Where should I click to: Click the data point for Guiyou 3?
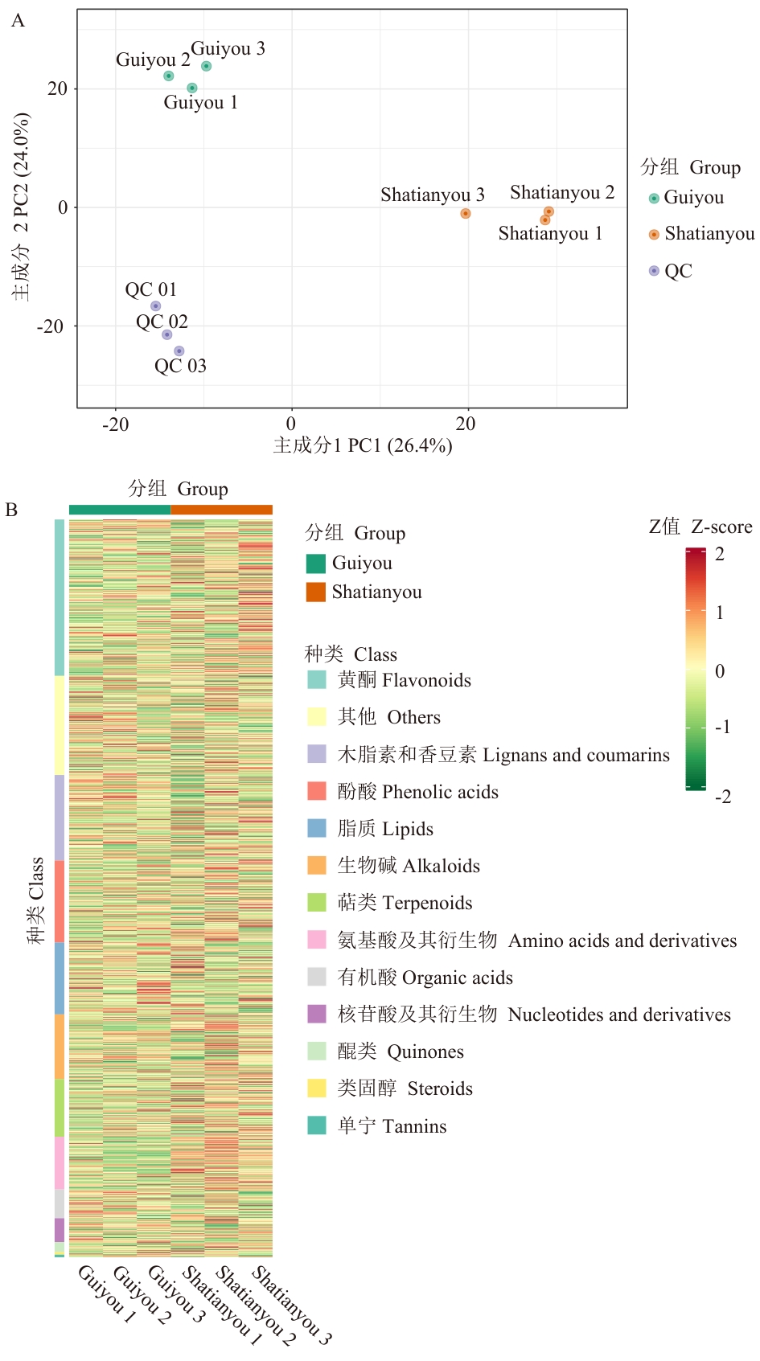coord(206,66)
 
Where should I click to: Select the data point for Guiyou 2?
coord(168,76)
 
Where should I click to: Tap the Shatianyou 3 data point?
coord(465,213)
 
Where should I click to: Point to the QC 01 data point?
coord(155,306)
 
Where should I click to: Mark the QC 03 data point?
coord(179,351)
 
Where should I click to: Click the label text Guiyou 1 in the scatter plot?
coord(200,103)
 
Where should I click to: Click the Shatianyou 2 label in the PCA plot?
coord(561,193)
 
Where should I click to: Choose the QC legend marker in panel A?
coord(654,271)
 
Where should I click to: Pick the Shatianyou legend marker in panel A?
coord(654,235)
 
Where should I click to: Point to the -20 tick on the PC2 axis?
coord(50,326)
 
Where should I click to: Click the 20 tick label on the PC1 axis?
coord(465,424)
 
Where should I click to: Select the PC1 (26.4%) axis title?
coord(363,445)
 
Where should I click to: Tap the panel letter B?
coord(11,510)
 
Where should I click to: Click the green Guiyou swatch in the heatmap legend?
coord(316,564)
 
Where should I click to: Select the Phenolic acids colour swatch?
coord(317,791)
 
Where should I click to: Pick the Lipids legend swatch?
coord(317,828)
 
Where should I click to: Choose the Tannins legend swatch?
coord(317,1125)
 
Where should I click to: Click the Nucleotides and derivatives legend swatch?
coord(317,1014)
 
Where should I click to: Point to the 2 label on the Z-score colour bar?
coord(720,554)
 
